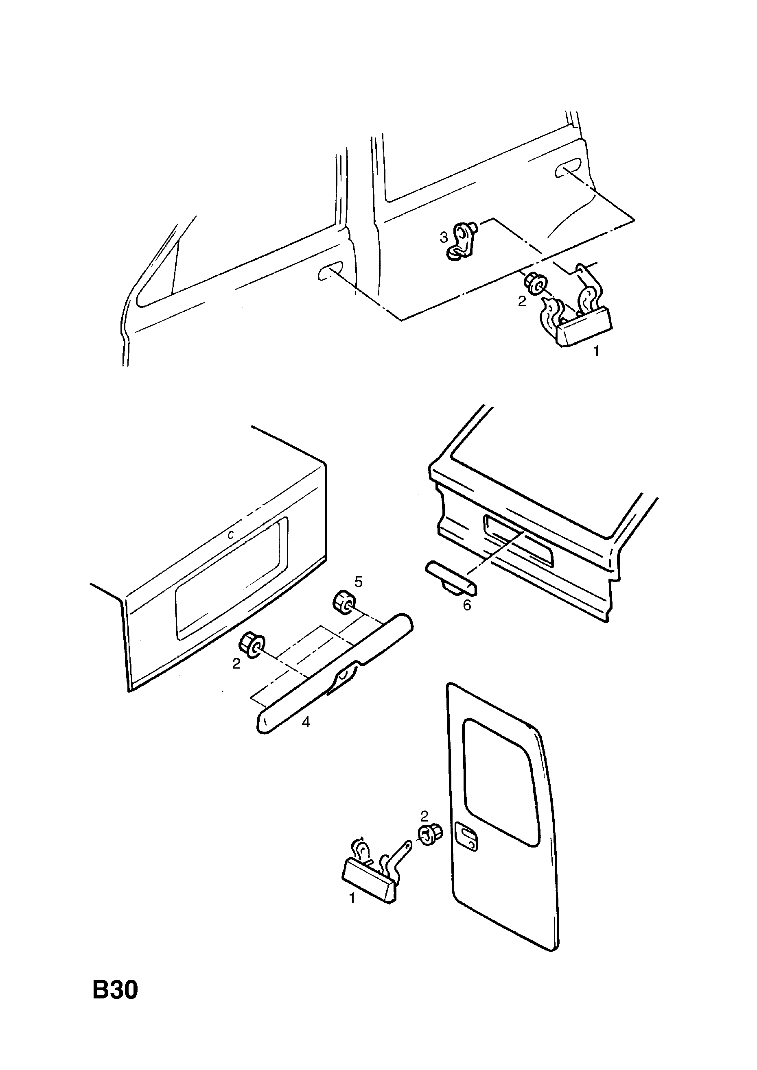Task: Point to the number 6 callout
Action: point(467,606)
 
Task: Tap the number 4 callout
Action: point(306,722)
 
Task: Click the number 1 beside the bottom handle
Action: point(352,898)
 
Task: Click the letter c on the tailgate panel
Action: point(230,536)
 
